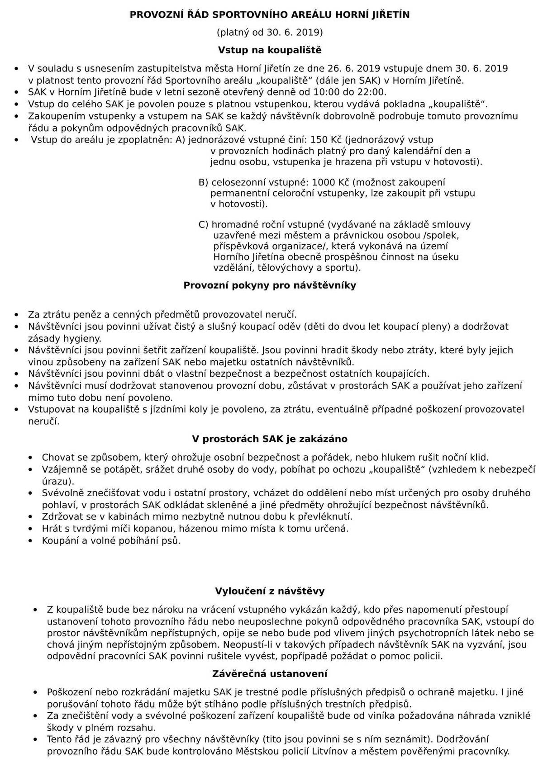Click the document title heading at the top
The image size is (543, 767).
click(270, 15)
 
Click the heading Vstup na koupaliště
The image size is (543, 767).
click(270, 49)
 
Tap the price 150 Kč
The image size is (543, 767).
click(327, 140)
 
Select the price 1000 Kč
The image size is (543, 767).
click(330, 182)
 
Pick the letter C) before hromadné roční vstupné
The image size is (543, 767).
click(204, 224)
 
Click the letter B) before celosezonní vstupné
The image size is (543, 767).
click(204, 182)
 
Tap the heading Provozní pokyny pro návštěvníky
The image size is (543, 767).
click(270, 285)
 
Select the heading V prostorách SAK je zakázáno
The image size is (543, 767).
click(270, 439)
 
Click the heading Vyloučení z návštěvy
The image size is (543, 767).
click(270, 591)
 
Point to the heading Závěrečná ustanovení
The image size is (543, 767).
click(270, 674)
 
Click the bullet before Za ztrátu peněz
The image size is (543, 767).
click(17, 315)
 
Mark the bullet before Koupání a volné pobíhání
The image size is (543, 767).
click(31, 541)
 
